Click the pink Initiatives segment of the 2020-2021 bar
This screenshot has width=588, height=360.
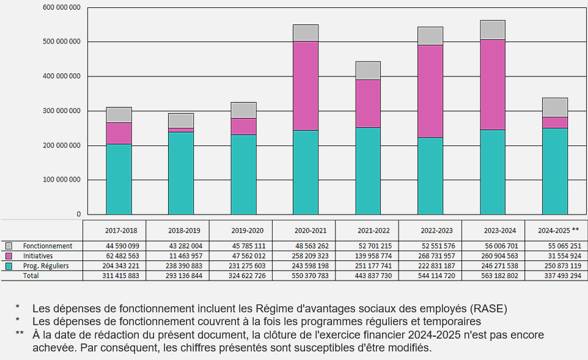pos(306,86)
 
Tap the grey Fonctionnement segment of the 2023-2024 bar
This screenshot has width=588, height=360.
pos(493,30)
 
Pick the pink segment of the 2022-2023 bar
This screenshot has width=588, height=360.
pos(430,91)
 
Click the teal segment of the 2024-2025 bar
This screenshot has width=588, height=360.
pos(555,171)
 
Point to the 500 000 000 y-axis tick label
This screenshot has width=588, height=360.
pos(61,42)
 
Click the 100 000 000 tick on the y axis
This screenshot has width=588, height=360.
pos(61,180)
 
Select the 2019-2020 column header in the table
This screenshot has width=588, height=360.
pos(248,231)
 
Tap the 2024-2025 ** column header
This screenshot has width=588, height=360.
pos(558,231)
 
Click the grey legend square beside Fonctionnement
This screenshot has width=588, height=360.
pos(9,246)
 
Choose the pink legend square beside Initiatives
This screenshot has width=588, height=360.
pos(9,255)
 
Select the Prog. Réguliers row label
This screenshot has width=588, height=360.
pos(46,266)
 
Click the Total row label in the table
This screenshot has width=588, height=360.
pos(31,276)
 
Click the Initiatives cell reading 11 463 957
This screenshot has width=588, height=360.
pos(184,256)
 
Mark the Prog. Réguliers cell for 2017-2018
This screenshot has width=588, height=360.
pos(121,266)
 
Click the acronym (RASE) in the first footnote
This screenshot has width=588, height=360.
pos(490,308)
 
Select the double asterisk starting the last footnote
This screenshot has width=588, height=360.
pos(20,335)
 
